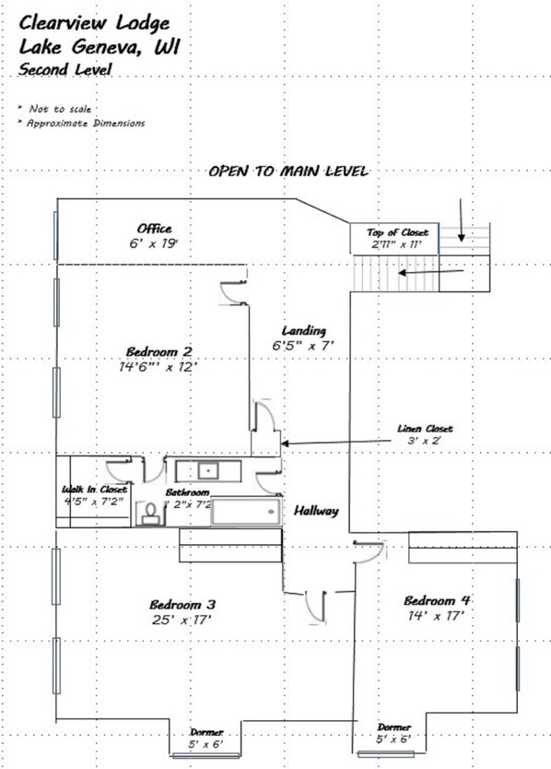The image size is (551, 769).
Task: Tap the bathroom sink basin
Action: [x=209, y=471]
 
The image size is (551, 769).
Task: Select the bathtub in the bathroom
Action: [x=246, y=512]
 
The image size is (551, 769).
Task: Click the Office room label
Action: [x=154, y=229]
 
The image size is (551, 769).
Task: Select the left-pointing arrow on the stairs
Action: [x=431, y=273]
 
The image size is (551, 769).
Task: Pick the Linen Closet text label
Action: [x=425, y=429]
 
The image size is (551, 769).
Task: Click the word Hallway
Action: [x=316, y=511]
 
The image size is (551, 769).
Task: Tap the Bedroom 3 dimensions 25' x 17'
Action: [x=182, y=620]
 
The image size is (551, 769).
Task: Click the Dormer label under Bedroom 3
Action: [x=206, y=732]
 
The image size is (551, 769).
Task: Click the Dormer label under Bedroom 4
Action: [x=395, y=727]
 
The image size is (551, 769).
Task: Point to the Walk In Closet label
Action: [x=94, y=490]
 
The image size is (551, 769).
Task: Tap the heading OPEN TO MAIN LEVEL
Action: [x=288, y=172]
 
